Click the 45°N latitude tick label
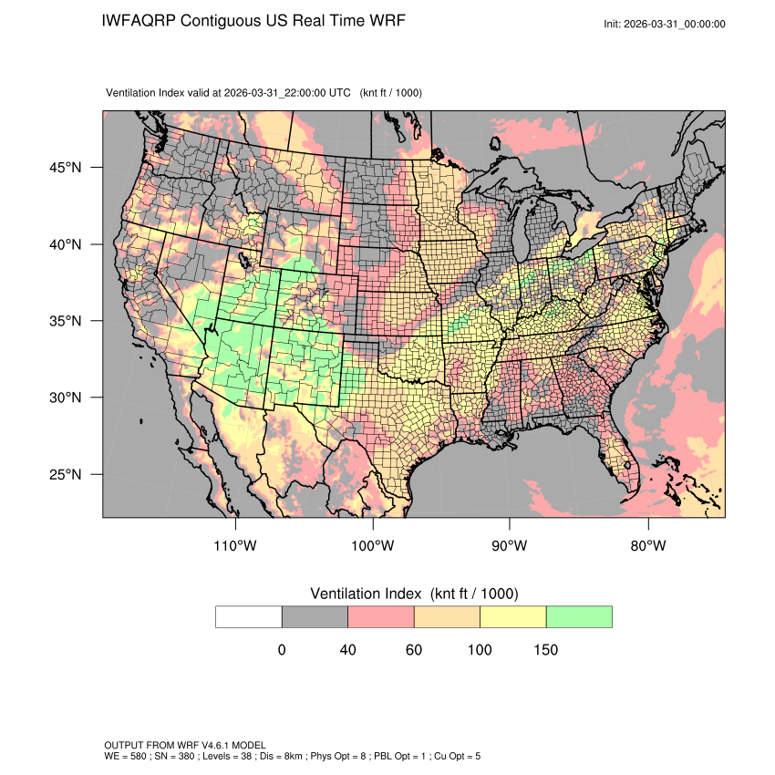coord(67,168)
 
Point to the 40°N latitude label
coord(67,244)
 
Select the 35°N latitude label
coord(67,321)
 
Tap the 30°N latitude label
coord(67,398)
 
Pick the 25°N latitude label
coord(67,474)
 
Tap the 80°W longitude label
coord(647,546)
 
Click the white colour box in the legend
coord(249,616)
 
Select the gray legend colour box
coord(315,616)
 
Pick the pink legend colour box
coord(381,616)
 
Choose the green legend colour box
coord(579,616)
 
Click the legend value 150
coord(545,650)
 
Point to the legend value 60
coord(414,650)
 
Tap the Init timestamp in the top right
coord(665,24)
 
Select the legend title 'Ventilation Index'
coord(369,594)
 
